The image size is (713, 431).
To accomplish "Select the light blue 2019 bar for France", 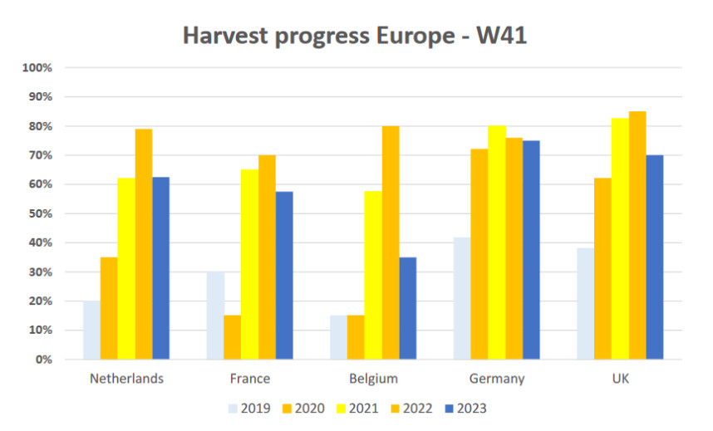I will point(214,316).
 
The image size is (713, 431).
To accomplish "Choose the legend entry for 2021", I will point(362,408).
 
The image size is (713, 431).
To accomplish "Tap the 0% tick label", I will point(43,360).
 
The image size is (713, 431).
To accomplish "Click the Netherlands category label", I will point(126,380).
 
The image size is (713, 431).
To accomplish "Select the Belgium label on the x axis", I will point(373,380).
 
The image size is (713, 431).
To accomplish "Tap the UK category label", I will point(620,380).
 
